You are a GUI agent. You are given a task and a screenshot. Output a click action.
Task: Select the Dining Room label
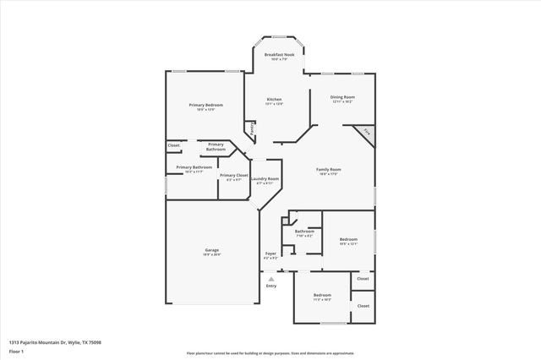(x=342, y=98)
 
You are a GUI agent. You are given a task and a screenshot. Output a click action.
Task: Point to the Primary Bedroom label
(x=206, y=106)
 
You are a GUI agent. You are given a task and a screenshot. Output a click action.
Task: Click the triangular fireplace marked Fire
(x=365, y=133)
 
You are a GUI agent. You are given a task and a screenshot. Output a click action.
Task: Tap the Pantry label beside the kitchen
(x=251, y=128)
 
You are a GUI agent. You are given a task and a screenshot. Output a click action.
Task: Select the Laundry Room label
(x=265, y=179)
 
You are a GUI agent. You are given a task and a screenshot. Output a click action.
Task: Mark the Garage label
(x=211, y=251)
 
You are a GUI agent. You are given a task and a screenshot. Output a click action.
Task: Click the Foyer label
(x=270, y=254)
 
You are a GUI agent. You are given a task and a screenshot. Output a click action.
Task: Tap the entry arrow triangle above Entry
(x=271, y=278)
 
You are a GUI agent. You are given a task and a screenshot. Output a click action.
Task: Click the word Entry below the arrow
(x=271, y=286)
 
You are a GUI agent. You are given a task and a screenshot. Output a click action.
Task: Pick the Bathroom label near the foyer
(x=304, y=232)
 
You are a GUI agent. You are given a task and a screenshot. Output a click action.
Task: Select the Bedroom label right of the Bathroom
(x=348, y=240)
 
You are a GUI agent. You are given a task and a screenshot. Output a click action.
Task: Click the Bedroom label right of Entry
(x=322, y=296)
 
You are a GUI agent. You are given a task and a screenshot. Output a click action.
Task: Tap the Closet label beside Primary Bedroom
(x=173, y=145)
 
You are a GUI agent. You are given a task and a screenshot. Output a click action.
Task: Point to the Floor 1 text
(x=17, y=351)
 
